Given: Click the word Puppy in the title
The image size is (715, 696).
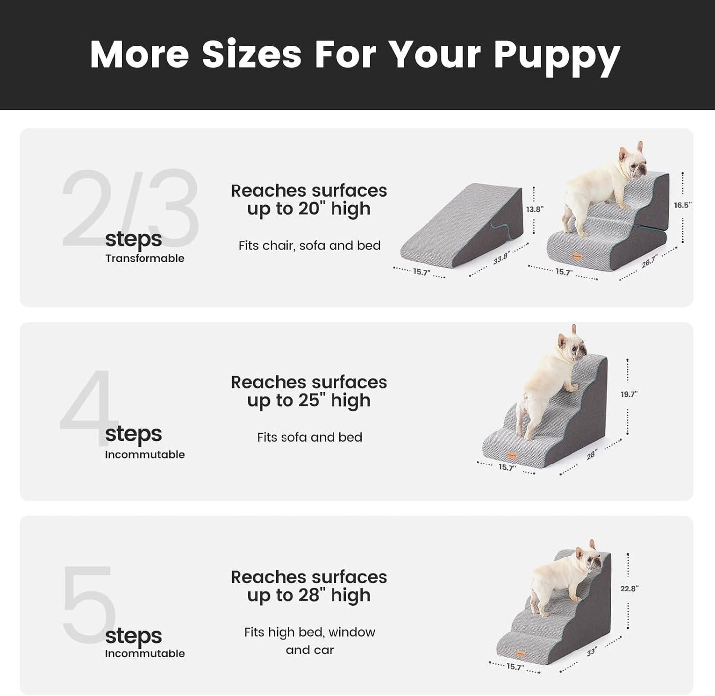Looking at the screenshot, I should point(557,55).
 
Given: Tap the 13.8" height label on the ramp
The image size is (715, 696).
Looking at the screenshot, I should point(534,209).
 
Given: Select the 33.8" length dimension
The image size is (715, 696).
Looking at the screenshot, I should point(501,258).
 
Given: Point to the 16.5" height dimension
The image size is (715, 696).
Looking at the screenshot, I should point(682,205).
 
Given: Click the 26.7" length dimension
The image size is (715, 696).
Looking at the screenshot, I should point(649,262).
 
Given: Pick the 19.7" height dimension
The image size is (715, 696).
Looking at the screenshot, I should point(629,394).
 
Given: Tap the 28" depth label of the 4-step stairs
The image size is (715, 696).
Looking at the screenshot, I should point(592,454).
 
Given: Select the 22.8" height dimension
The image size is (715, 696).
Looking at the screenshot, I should point(629,588).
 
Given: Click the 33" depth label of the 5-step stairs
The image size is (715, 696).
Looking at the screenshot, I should point(592,652).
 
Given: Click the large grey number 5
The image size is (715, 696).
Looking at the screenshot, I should point(88,603).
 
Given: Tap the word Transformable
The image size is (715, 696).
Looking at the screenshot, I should point(144,258).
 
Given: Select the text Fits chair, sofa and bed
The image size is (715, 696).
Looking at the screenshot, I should point(309,246).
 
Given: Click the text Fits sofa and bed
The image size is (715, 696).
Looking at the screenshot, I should point(309,437).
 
